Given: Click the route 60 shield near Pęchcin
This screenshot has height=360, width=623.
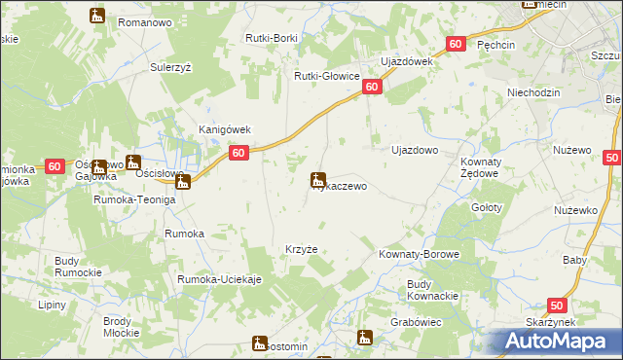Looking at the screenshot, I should (x=457, y=45).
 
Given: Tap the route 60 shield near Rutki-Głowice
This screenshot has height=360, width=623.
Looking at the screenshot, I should (x=373, y=88).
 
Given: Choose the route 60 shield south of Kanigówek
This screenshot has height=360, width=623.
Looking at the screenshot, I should (x=238, y=153).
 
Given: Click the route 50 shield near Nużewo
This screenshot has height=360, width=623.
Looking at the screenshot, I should (x=611, y=158).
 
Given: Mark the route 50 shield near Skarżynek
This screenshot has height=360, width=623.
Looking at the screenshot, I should (x=556, y=305).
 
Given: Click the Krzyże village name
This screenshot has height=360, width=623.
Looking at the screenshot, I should (x=301, y=249).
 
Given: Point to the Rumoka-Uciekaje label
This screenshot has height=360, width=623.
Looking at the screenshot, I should (x=219, y=280).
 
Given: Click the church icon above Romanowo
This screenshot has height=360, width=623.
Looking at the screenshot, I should (x=96, y=16).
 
